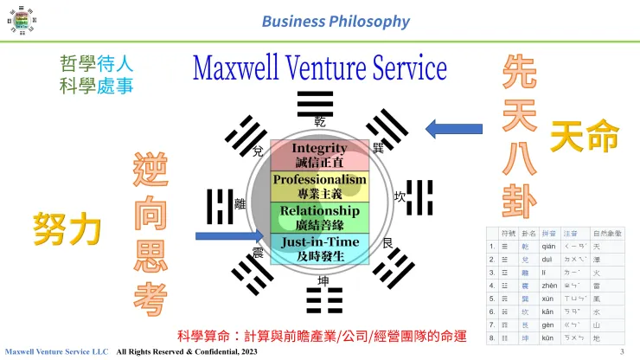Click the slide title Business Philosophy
[336, 21]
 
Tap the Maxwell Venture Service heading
[319, 67]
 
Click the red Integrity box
[320, 155]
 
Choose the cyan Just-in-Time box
[320, 248]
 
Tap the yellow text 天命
[585, 136]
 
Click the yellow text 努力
[67, 228]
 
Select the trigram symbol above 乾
[315, 102]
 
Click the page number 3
[622, 351]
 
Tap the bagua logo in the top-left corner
[19, 19]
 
